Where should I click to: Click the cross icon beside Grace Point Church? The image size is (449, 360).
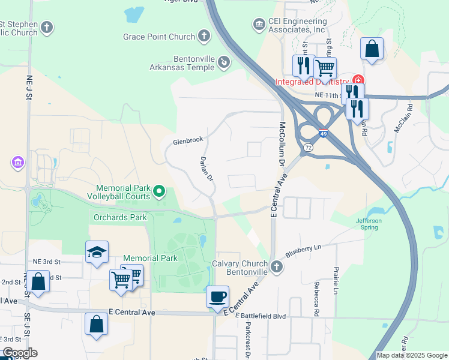click(204, 37)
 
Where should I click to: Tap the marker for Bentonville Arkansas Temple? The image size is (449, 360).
click(223, 61)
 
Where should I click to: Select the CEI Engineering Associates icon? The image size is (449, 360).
click(259, 24)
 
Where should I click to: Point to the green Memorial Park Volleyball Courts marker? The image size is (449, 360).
click(159, 191)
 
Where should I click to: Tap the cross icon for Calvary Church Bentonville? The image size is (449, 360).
click(276, 266)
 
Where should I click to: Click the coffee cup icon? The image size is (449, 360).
click(217, 296)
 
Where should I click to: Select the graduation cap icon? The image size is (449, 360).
click(96, 253)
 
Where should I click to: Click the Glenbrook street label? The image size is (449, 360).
click(188, 141)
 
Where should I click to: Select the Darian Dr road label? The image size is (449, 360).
click(206, 170)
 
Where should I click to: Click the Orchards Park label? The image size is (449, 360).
click(120, 217)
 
